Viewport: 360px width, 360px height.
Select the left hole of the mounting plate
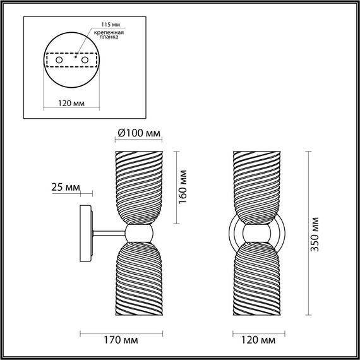(x=60, y=59)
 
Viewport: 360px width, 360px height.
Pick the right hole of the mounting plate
(x=83, y=59)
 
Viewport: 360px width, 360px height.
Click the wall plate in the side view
(x=85, y=234)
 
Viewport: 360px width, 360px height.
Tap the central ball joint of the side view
(x=139, y=234)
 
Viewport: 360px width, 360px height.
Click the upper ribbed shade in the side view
(x=139, y=186)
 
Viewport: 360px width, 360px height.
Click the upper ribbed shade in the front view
(x=259, y=186)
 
